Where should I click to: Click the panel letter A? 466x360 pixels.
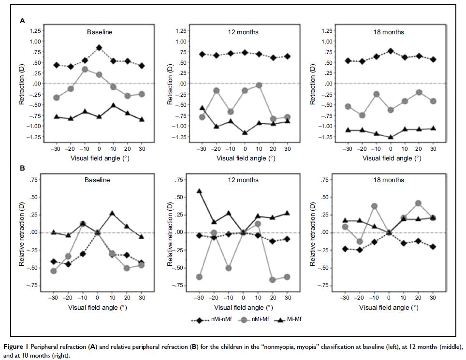pyautogui.click(x=22, y=21)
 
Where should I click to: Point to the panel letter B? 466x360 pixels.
pyautogui.click(x=22, y=170)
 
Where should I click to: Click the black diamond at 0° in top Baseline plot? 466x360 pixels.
pyautogui.click(x=99, y=47)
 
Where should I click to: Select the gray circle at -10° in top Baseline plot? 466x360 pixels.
pyautogui.click(x=85, y=69)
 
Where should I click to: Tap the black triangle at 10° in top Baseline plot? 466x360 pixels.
pyautogui.click(x=113, y=105)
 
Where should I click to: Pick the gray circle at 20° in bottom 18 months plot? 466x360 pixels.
pyautogui.click(x=418, y=203)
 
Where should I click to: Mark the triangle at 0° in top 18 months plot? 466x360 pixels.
pyautogui.click(x=391, y=137)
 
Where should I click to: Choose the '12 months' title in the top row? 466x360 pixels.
pyautogui.click(x=243, y=32)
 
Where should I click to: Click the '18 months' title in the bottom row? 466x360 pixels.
pyautogui.click(x=391, y=180)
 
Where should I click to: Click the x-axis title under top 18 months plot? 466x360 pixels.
pyautogui.click(x=391, y=158)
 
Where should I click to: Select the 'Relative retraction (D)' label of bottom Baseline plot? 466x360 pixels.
pyautogui.click(x=22, y=233)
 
